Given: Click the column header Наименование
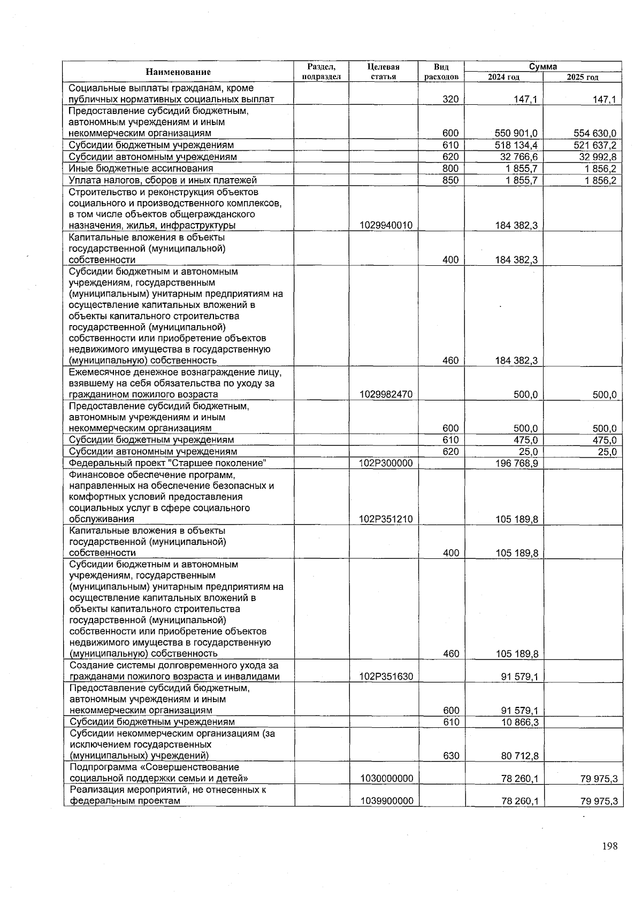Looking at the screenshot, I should click(x=178, y=72).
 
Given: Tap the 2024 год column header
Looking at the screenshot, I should click(x=503, y=77).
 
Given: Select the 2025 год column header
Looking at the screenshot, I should click(x=583, y=77).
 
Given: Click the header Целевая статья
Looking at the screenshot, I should click(x=384, y=72).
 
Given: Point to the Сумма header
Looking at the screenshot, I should click(x=543, y=67).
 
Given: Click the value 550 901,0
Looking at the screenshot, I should click(x=517, y=133).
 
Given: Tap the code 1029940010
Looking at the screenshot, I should click(x=386, y=226).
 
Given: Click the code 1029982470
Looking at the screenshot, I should click(x=386, y=395).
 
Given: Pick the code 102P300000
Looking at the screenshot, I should click(x=386, y=463).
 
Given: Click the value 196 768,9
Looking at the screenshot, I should click(x=517, y=463).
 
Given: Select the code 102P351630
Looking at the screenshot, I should click(x=386, y=677).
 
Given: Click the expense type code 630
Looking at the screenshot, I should click(x=450, y=756).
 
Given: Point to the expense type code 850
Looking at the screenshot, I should click(x=450, y=180).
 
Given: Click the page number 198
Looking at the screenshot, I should click(x=609, y=846).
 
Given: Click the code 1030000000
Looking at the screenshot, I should click(x=386, y=779).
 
